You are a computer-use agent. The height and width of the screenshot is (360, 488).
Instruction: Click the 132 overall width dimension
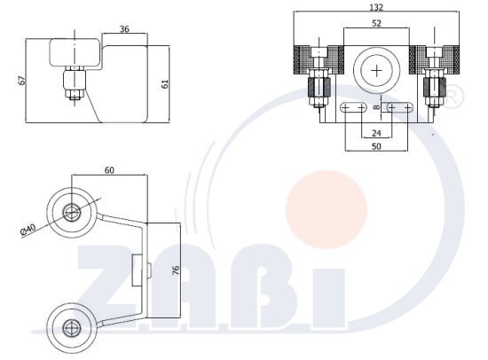pyautogui.click(x=379, y=7)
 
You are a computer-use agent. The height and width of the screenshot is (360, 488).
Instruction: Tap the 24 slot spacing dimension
pyautogui.click(x=376, y=133)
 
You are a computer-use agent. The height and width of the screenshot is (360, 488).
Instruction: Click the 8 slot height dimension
pyautogui.click(x=376, y=107)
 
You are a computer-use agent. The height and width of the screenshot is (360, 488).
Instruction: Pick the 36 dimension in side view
pyautogui.click(x=124, y=29)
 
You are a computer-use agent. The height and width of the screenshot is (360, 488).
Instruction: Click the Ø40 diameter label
pyautogui.click(x=29, y=231)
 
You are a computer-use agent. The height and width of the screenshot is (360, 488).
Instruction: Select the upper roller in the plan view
pyautogui.click(x=72, y=211)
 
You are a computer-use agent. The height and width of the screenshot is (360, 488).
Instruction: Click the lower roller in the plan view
pyautogui.click(x=72, y=325)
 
